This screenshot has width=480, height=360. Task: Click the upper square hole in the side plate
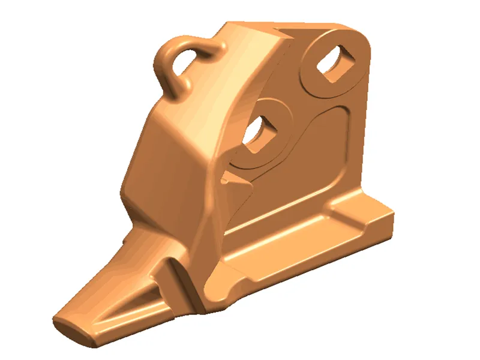(335, 62)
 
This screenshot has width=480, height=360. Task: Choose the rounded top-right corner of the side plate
(360, 33)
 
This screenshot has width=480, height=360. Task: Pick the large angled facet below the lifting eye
(162, 156)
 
